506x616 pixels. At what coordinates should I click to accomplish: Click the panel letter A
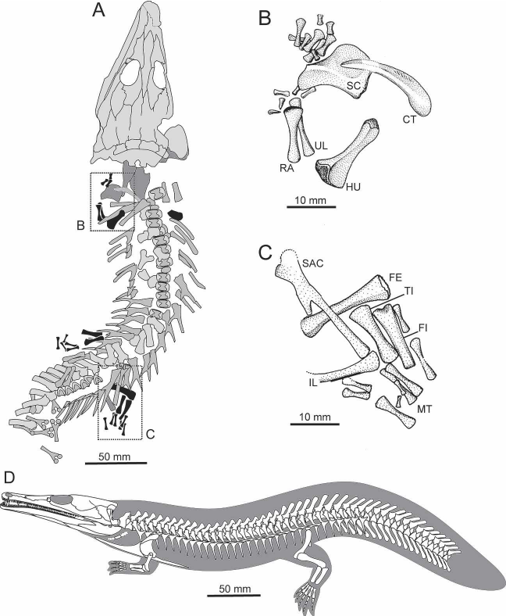(98, 11)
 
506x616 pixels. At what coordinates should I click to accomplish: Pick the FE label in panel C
(395, 278)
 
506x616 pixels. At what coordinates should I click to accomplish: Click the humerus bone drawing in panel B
(350, 149)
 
